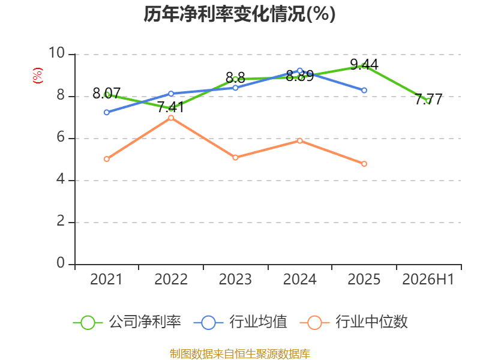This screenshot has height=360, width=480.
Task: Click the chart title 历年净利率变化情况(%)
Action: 239,14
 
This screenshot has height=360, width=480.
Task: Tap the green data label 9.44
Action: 364,64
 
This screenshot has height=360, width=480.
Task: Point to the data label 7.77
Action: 428,99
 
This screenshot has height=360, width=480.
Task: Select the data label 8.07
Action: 107,93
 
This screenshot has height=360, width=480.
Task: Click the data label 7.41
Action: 171,107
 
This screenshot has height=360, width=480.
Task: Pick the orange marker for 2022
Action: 171,118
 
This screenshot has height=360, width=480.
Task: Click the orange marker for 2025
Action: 364,164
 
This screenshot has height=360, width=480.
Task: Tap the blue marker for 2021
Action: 107,112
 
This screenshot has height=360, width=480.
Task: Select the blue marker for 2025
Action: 364,91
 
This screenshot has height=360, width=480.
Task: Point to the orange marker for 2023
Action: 235,158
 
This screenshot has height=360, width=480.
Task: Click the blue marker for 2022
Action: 171,94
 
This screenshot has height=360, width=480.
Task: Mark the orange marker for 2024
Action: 300,141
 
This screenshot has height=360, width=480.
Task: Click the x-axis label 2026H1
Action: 428,279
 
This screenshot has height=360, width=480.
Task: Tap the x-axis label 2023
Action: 235,279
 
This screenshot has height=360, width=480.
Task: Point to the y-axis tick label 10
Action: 56,53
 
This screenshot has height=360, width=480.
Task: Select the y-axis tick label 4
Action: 61,179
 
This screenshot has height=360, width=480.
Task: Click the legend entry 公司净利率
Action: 127,322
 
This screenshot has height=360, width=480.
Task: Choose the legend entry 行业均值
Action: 241,322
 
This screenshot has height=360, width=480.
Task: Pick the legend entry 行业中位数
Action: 353,322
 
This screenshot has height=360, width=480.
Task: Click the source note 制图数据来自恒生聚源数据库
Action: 240,354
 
